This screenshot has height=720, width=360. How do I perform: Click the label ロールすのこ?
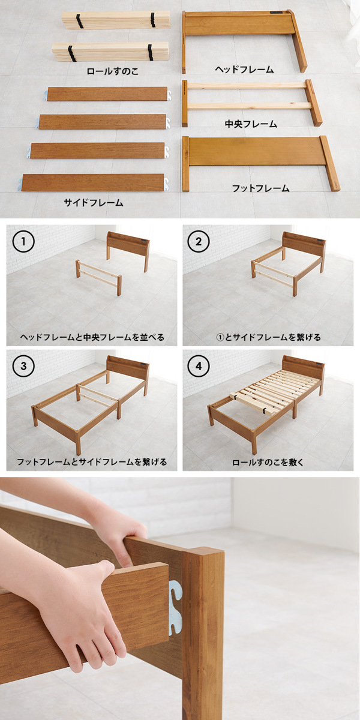[x=113, y=71]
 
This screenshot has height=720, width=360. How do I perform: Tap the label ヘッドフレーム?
[x=244, y=69]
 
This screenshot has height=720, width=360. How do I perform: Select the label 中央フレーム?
[x=251, y=124]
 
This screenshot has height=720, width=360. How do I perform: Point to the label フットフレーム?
[x=260, y=188]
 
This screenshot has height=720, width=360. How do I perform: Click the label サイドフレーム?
[x=94, y=203]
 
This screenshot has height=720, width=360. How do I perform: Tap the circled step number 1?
[x=23, y=241]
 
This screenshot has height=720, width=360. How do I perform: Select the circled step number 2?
[x=199, y=241]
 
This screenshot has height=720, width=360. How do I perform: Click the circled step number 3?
[x=23, y=366]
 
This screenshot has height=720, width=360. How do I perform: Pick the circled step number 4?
[x=199, y=366]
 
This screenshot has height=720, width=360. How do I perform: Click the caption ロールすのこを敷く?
[x=268, y=462]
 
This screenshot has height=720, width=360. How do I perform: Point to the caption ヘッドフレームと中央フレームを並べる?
[x=92, y=337]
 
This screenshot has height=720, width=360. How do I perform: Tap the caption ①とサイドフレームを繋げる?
[x=268, y=337]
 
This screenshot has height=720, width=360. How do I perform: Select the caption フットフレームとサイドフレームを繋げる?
[x=92, y=462]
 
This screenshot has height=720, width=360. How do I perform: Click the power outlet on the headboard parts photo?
[x=276, y=13]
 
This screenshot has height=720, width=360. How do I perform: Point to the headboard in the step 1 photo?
[x=128, y=244]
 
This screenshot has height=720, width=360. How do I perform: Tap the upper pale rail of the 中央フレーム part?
[x=247, y=86]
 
